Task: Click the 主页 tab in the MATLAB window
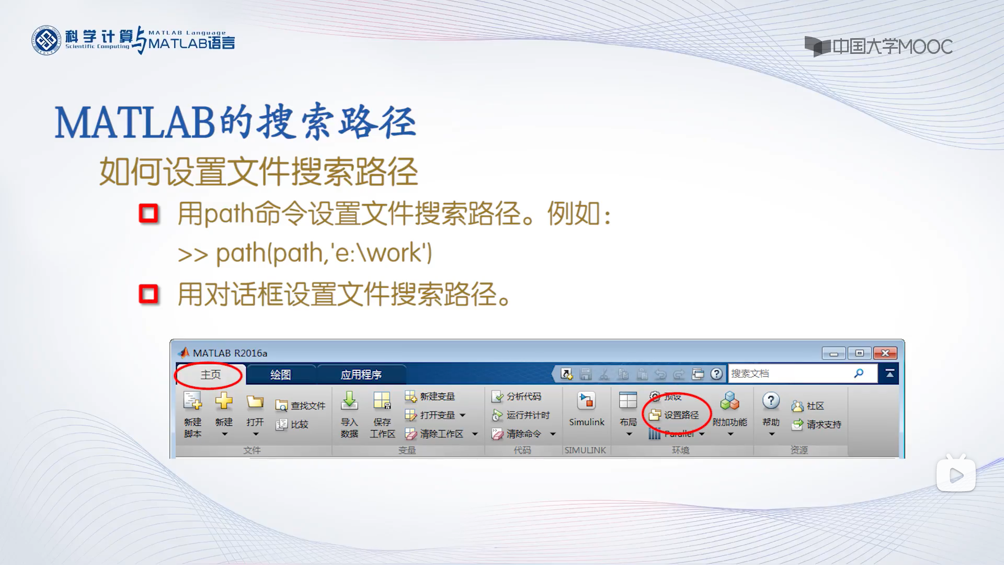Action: (210, 375)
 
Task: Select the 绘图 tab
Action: (280, 375)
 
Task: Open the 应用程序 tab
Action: (361, 375)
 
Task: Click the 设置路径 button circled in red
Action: (676, 415)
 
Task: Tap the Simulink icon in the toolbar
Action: (586, 402)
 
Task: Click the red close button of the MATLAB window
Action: (885, 353)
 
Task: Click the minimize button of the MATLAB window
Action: (834, 353)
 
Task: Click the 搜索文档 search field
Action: (790, 374)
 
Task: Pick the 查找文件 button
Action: (301, 405)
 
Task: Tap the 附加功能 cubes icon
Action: (729, 402)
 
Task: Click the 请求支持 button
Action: (817, 424)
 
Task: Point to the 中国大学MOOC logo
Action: (878, 47)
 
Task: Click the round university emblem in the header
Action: (46, 40)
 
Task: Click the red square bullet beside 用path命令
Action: (149, 213)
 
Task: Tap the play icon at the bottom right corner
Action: (956, 475)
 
